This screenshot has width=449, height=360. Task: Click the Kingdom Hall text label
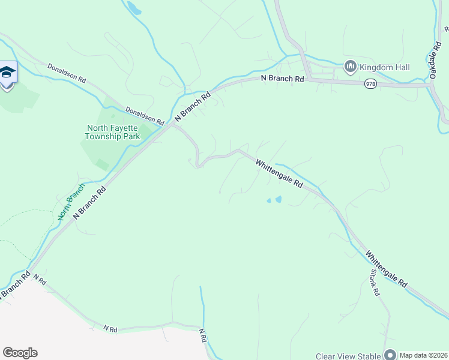click(x=385, y=67)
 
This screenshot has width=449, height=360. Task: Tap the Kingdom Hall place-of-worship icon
click(x=351, y=66)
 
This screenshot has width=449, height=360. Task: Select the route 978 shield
click(x=371, y=85)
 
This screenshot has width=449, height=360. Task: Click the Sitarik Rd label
click(x=376, y=282)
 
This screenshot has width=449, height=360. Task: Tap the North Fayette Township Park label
click(x=113, y=132)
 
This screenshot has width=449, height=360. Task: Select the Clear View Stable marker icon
click(x=390, y=355)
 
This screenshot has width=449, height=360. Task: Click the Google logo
click(x=20, y=353)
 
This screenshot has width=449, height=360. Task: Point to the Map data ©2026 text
click(x=424, y=355)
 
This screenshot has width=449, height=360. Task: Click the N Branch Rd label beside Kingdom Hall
click(x=282, y=79)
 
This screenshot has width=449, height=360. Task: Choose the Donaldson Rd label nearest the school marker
click(x=67, y=74)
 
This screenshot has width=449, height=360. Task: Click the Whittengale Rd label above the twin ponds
click(x=279, y=173)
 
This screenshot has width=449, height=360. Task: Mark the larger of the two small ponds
click(x=278, y=199)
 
